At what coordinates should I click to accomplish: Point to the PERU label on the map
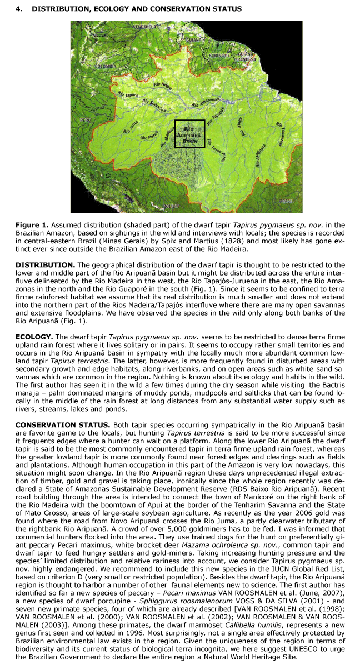[85, 119]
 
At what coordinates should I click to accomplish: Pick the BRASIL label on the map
[287, 201]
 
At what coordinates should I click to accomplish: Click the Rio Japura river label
[128, 95]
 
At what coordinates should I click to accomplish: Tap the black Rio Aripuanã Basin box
[190, 133]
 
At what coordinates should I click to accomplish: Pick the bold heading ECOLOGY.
[33, 336]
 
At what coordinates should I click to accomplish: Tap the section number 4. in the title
[19, 9]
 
